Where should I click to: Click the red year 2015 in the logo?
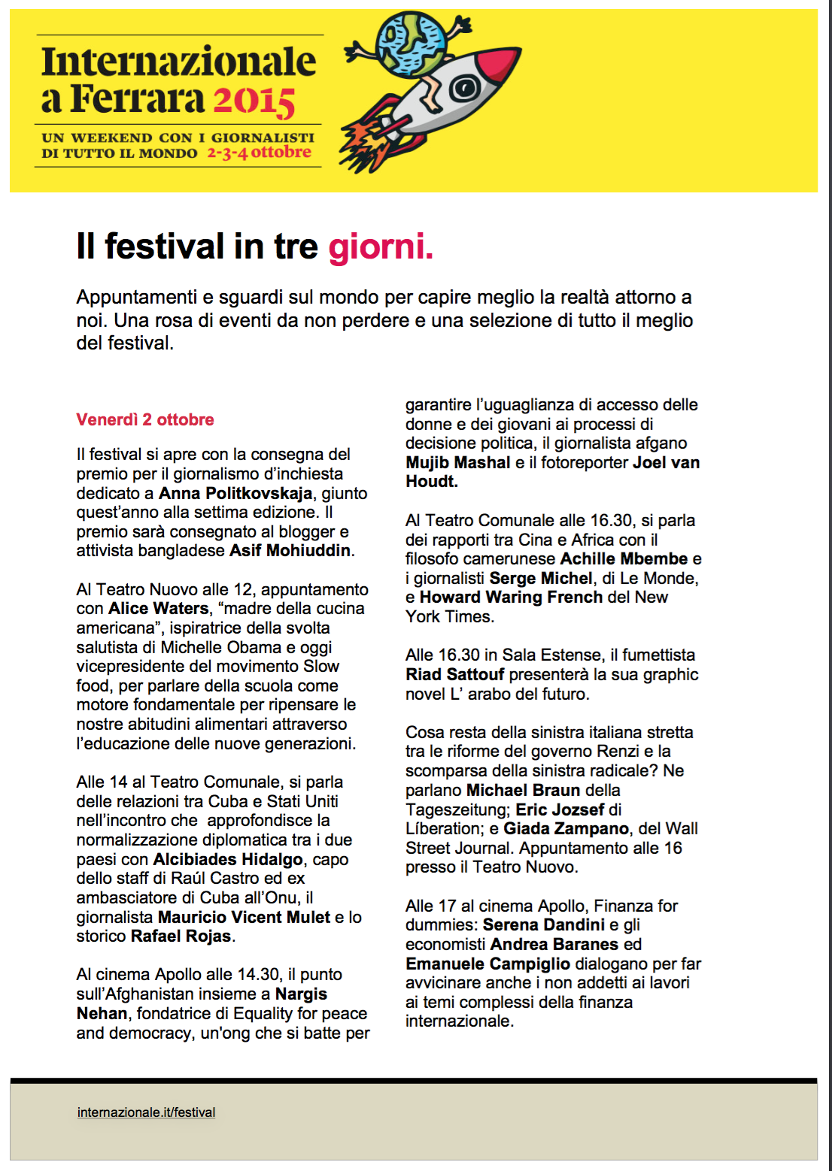[x=254, y=101]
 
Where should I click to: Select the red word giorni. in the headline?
[x=381, y=247]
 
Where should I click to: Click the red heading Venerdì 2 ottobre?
[x=145, y=419]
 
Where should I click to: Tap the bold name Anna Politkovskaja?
[x=235, y=493]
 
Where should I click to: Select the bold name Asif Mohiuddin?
[x=290, y=550]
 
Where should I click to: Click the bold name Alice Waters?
[x=158, y=608]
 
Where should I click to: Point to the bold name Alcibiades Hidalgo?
[x=228, y=859]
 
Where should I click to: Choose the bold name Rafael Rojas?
[x=181, y=936]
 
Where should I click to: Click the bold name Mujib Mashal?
[x=457, y=462]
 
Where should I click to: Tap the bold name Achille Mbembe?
[x=624, y=558]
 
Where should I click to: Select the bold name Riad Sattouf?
[x=454, y=674]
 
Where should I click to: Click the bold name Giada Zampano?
[x=566, y=828]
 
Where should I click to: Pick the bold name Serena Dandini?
[x=543, y=924]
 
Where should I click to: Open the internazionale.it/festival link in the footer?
[x=146, y=1112]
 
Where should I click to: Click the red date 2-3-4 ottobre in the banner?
[x=259, y=153]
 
